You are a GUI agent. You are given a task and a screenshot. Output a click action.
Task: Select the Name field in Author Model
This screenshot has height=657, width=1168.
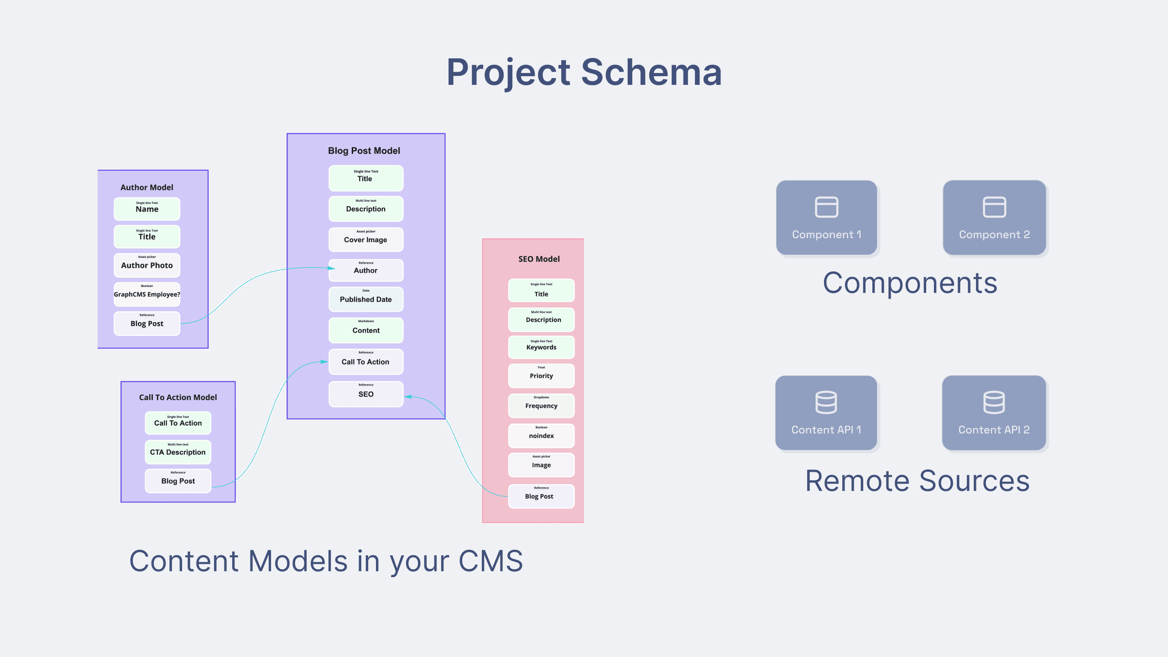coord(147,209)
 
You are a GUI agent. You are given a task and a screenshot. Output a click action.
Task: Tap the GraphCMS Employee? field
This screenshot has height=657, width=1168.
coord(147,294)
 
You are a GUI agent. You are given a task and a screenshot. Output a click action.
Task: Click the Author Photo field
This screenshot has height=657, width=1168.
coord(147,265)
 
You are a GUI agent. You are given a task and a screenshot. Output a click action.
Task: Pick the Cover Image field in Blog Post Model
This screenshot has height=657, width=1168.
coord(365,239)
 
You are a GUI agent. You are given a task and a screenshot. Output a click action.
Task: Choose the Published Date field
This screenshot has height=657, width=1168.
coord(365,299)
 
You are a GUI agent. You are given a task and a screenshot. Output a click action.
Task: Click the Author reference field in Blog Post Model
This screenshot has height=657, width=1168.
coord(365,270)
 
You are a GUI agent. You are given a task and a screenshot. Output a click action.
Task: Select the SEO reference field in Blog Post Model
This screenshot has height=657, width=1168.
coord(365,393)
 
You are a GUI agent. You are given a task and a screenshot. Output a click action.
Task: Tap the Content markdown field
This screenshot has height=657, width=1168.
coord(365,330)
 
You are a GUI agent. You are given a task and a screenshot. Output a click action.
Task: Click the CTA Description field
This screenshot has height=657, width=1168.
coord(178,451)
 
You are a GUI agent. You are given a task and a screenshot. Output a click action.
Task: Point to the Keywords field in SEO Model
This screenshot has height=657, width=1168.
coord(541,347)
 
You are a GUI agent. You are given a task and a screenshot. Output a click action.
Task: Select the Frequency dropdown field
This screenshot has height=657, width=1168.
coord(541,405)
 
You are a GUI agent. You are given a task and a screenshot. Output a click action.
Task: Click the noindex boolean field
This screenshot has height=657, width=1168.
coord(541,435)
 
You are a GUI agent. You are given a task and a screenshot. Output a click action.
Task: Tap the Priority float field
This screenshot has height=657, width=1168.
coord(541,375)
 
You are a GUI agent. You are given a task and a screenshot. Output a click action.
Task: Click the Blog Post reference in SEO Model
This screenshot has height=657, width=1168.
coord(541,495)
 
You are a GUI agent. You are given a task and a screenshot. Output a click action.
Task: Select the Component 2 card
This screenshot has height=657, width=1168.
coord(994,218)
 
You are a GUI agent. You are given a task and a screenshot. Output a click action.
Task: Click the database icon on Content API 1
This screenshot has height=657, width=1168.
coord(826,402)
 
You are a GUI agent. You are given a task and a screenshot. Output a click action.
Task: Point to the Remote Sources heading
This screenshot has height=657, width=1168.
coord(917,481)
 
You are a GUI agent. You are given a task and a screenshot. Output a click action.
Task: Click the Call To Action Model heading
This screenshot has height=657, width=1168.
coord(178,397)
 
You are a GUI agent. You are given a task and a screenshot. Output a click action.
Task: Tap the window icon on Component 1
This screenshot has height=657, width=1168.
coord(826,207)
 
